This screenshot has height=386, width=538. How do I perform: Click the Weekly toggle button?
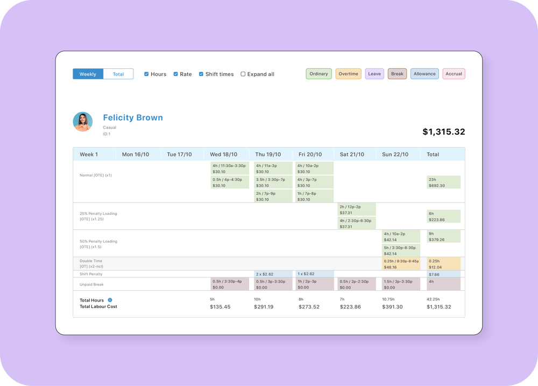tap(88, 74)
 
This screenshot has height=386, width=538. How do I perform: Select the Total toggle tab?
tap(118, 74)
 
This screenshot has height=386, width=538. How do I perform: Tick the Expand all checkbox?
tap(243, 74)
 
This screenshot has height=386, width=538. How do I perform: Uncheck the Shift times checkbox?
tap(201, 74)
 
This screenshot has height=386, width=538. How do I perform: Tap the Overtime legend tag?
tap(348, 74)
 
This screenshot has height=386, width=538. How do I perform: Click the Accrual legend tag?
tap(454, 74)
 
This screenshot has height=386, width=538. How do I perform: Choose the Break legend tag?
tap(397, 74)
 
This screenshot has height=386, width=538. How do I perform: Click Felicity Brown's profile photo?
tap(83, 122)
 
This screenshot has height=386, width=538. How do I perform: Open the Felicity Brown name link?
tap(133, 118)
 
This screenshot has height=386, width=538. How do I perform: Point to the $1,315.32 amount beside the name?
tap(443, 132)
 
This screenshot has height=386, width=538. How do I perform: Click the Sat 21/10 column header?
tap(352, 155)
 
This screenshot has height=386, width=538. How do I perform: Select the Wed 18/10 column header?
tap(223, 155)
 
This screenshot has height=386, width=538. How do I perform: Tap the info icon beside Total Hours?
tap(110, 300)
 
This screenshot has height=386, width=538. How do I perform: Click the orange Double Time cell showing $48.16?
tap(401, 264)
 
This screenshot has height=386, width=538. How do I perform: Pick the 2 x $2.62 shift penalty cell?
tap(273, 274)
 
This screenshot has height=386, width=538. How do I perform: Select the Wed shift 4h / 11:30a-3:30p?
tap(230, 169)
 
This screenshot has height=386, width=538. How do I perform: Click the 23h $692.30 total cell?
tap(443, 182)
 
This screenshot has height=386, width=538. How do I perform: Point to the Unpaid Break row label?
tap(91, 284)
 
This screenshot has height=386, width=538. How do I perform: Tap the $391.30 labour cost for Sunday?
tap(392, 307)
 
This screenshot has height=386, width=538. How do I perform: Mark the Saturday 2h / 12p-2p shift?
tap(357, 209)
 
